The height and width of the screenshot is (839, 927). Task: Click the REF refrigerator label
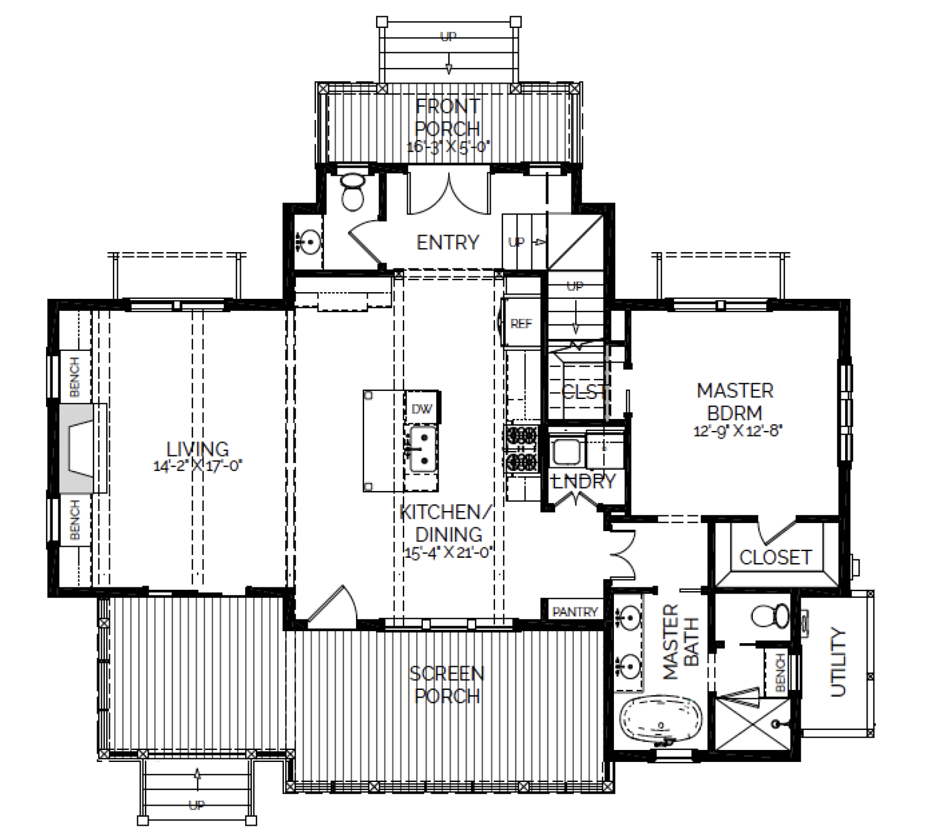point(521,324)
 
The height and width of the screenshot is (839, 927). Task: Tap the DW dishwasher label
point(422,408)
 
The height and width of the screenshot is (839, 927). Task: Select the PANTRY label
point(575,612)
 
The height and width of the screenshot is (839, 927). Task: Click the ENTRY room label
point(447,242)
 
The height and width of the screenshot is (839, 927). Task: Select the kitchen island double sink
point(422,449)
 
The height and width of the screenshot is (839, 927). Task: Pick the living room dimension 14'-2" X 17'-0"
point(198,466)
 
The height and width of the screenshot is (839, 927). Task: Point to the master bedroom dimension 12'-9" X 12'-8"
point(738,431)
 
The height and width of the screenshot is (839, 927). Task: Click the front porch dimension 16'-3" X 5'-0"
point(448,147)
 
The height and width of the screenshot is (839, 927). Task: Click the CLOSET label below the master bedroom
point(775,557)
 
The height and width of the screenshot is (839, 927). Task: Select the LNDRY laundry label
point(584,481)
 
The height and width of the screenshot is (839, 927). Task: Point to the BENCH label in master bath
point(780,672)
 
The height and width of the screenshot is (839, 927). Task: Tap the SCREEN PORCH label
point(447,685)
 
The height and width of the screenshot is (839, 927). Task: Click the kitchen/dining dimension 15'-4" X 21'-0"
point(447,552)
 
